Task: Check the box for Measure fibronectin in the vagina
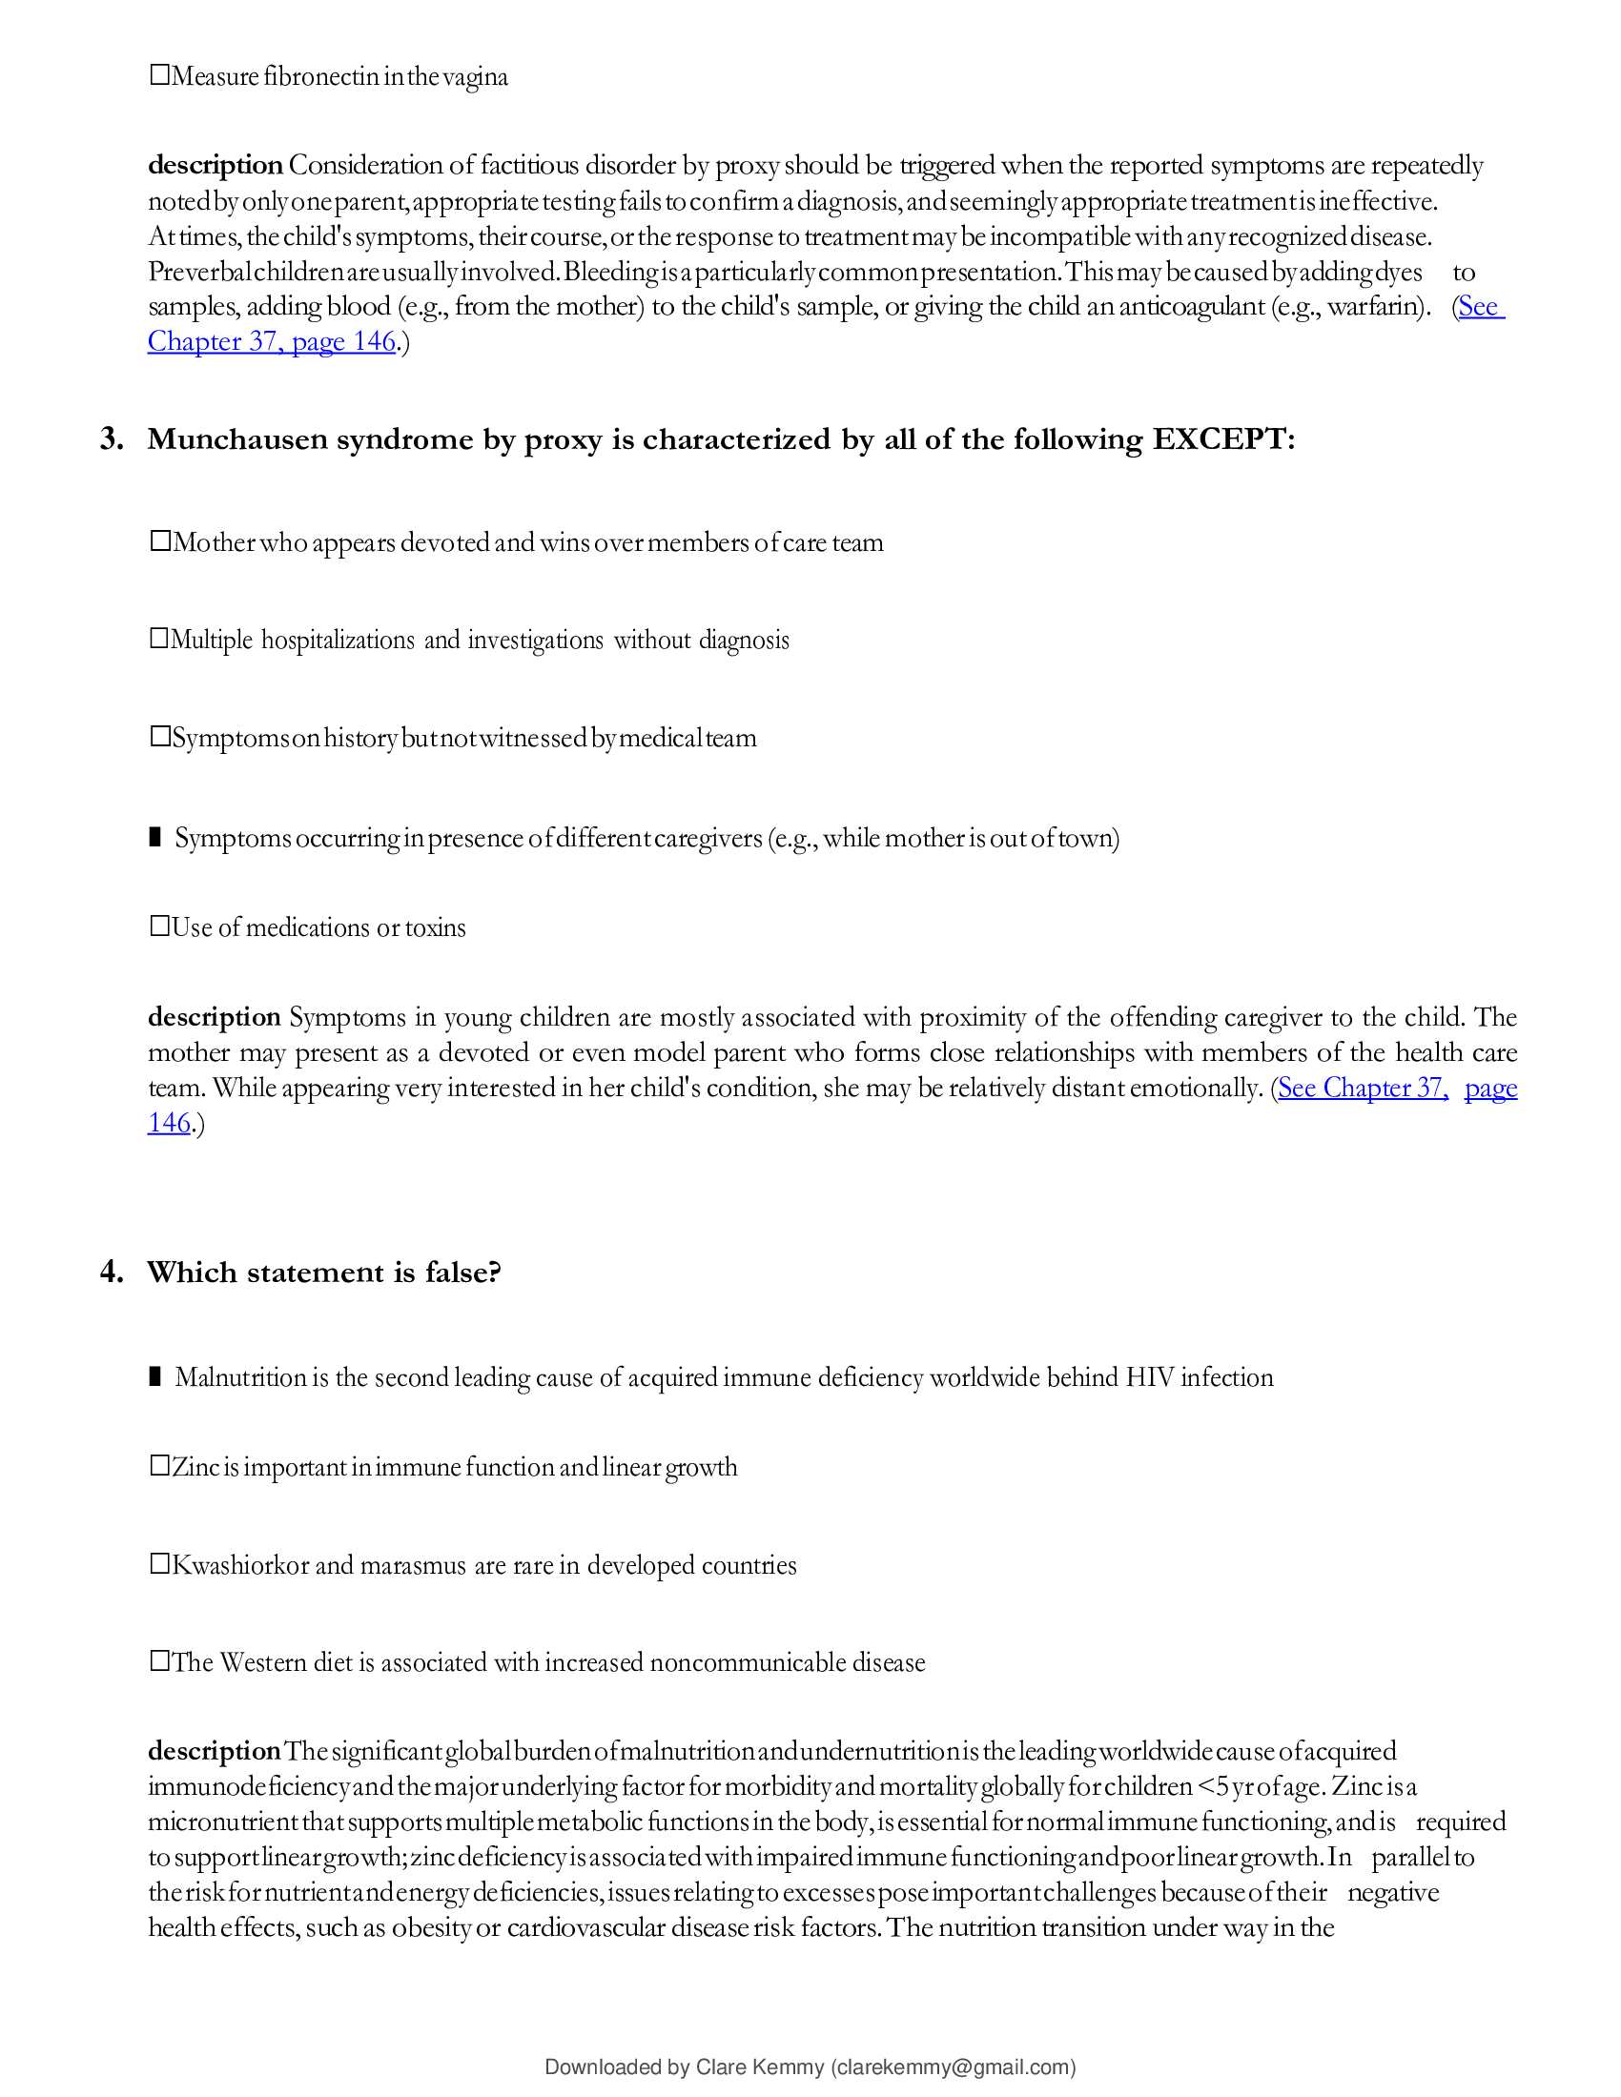(159, 75)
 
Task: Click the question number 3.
(112, 438)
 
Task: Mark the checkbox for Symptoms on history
(159, 737)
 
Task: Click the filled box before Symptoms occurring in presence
(155, 836)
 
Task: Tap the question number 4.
(112, 1272)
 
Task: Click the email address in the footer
(953, 2066)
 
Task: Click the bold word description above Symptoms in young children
(215, 1016)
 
